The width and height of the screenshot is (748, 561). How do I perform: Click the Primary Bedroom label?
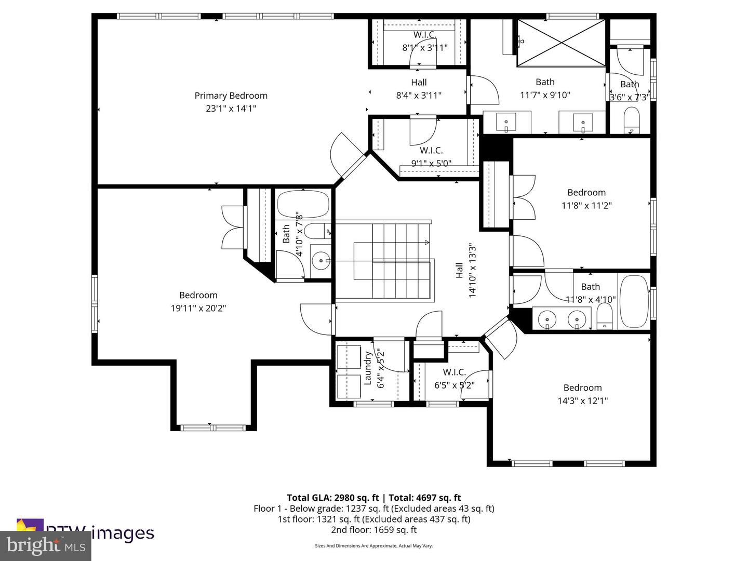click(x=231, y=96)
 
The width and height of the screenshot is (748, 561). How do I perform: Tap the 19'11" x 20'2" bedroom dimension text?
click(x=198, y=308)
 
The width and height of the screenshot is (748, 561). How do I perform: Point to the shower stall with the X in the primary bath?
click(x=562, y=43)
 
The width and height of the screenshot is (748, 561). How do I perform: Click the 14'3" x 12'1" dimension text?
click(x=582, y=400)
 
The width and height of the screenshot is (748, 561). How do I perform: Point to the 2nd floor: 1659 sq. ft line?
click(x=373, y=530)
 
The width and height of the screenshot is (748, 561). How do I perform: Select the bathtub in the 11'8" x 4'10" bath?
click(x=634, y=301)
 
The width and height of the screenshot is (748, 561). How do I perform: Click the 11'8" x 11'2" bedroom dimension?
click(x=586, y=205)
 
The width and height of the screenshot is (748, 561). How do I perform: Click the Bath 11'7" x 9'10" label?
click(x=545, y=88)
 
